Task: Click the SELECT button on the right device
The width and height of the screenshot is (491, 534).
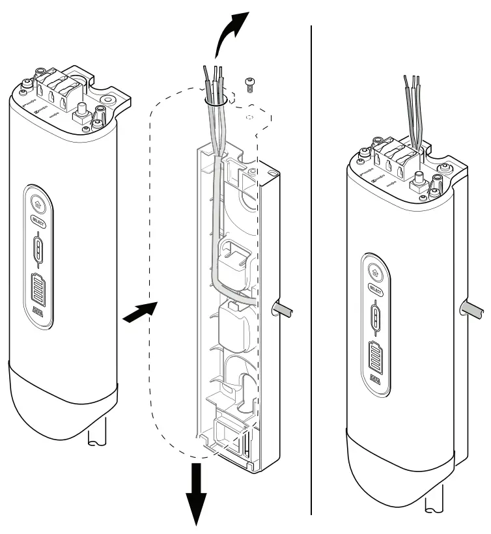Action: (x=376, y=287)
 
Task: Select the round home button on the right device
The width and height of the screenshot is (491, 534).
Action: (x=376, y=270)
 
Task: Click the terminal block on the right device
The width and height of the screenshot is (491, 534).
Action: (x=397, y=156)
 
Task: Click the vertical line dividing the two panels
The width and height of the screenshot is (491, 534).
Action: (x=311, y=260)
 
